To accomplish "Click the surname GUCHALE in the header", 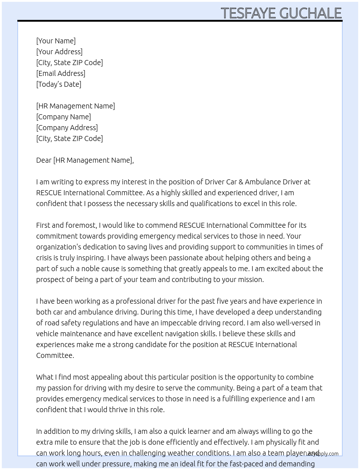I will pos(310,13).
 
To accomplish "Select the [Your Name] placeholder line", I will pos(56,41).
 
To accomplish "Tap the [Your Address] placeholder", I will pos(59,52).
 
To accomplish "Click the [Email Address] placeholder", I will pos(61,73).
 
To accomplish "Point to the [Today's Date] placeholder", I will pos(59,84).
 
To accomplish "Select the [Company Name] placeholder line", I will pos(63,117).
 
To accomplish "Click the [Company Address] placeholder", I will pos(67,128).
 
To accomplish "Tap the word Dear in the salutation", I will pos(44,160).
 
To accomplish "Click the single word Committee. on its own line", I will pos(55,355).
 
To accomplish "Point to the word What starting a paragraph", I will pos(44,377).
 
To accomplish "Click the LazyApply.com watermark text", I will pos(322,454).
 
